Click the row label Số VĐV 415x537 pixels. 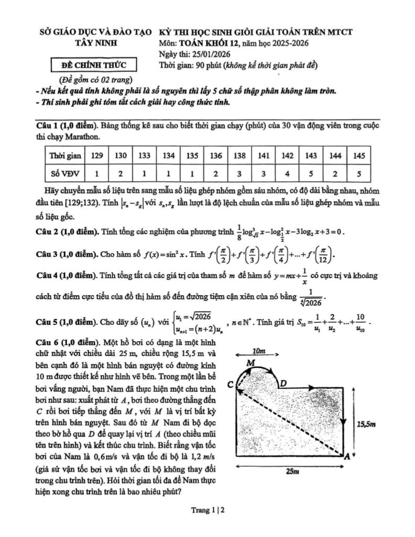point(62,171)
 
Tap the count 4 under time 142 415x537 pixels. point(288,171)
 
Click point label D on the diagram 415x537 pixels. point(283,383)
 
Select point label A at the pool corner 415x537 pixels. point(346,457)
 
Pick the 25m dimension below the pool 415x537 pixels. point(292,471)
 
